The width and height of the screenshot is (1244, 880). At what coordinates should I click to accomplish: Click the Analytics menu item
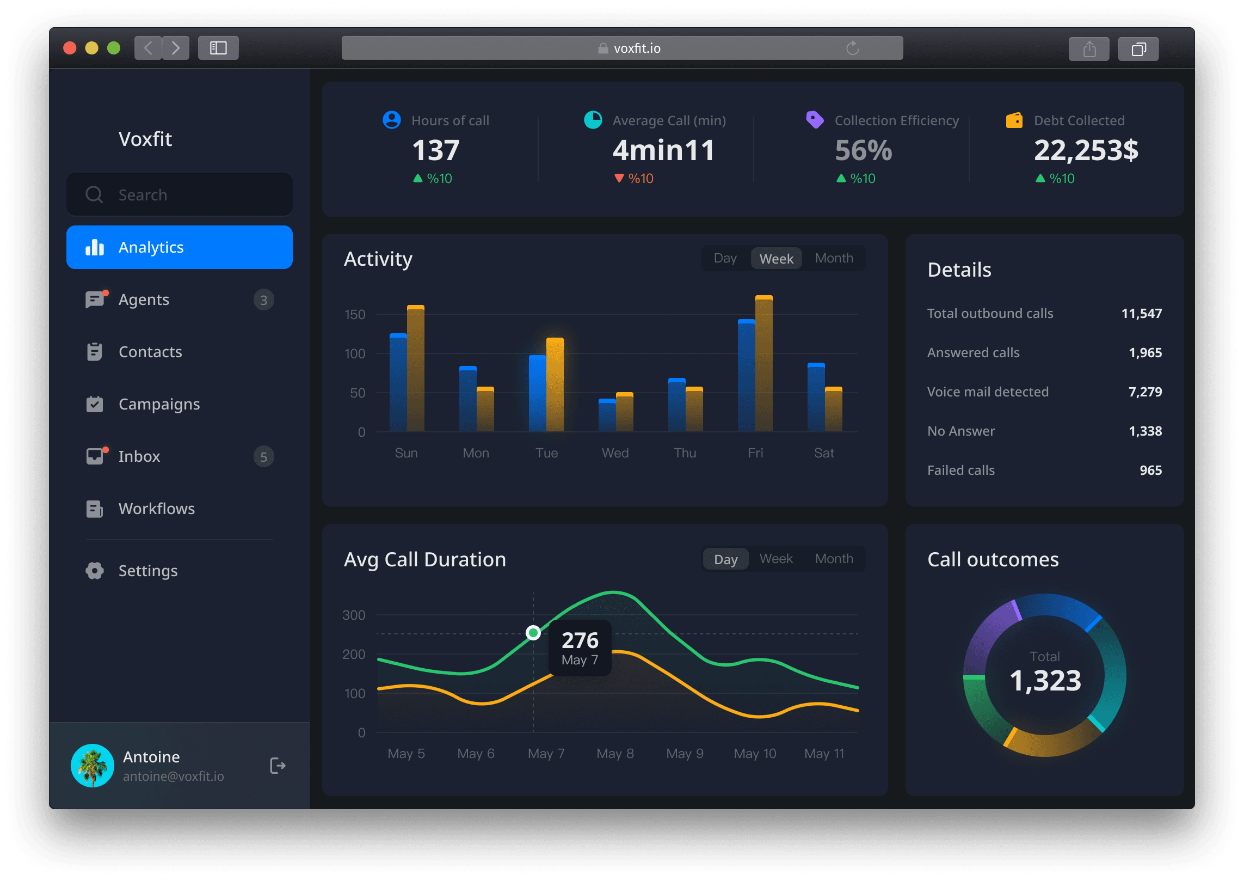[x=179, y=247]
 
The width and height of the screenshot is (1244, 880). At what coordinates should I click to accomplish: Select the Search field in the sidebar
[x=179, y=195]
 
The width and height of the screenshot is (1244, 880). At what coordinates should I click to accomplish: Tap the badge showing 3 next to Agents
[x=263, y=300]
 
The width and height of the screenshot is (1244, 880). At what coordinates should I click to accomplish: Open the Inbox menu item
[x=139, y=456]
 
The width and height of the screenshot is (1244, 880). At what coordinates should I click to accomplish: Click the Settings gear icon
[x=95, y=571]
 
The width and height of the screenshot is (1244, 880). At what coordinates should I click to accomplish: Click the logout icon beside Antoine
[x=278, y=766]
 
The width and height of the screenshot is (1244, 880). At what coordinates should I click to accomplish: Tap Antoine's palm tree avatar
[x=93, y=766]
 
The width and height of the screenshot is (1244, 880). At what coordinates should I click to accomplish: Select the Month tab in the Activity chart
[x=834, y=258]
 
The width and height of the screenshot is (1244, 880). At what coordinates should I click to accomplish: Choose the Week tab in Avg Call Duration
[x=776, y=559]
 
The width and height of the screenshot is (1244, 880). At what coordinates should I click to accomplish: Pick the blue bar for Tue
[x=537, y=393]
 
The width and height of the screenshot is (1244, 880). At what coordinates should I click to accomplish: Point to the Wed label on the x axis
[x=615, y=453]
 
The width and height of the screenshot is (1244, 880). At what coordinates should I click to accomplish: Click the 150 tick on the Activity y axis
[x=355, y=315]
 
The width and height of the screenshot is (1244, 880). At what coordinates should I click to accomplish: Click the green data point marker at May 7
[x=533, y=633]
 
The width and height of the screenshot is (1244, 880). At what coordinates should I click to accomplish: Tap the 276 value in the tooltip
[x=580, y=640]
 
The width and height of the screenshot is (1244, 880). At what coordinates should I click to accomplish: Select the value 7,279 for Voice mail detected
[x=1145, y=392]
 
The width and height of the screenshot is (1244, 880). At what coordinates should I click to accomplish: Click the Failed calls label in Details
[x=961, y=470]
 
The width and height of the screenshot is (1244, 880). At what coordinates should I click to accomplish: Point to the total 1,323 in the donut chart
[x=1045, y=681]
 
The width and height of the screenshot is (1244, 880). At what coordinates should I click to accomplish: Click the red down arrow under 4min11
[x=619, y=178]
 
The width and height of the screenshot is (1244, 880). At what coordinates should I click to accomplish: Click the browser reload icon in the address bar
[x=853, y=48]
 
